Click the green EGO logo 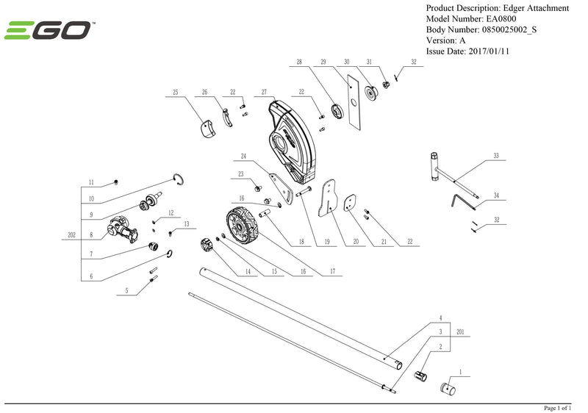(49, 31)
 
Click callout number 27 (263, 93)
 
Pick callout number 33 (496, 157)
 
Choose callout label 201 (460, 332)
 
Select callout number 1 (460, 373)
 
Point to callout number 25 (176, 93)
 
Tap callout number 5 (126, 291)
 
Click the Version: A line (445, 40)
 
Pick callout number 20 (355, 242)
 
